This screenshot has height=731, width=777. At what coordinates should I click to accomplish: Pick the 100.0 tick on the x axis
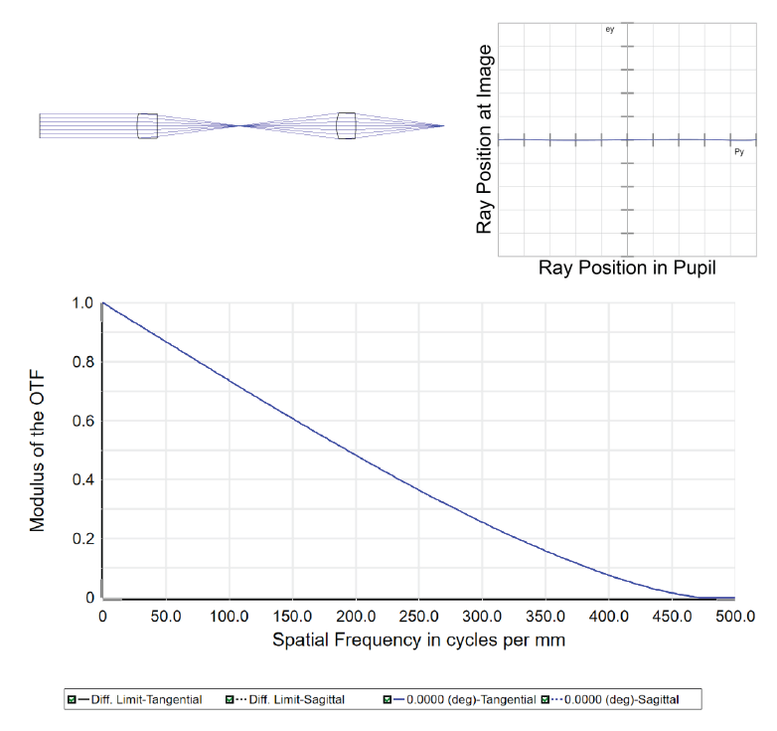click(x=229, y=618)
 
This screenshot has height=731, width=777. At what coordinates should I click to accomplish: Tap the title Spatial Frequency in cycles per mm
click(x=418, y=640)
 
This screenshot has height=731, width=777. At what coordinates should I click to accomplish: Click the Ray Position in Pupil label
click(x=627, y=269)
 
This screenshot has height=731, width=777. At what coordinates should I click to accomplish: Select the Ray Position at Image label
click(x=484, y=139)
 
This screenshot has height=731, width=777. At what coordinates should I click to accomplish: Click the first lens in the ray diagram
click(x=147, y=125)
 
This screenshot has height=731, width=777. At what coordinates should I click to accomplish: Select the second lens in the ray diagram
click(x=346, y=125)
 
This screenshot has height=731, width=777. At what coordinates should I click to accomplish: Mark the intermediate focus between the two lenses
click(x=240, y=125)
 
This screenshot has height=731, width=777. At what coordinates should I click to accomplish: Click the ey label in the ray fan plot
click(x=610, y=32)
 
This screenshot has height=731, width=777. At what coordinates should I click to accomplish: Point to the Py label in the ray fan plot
click(x=738, y=152)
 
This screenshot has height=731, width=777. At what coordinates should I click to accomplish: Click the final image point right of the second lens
click(x=443, y=125)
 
